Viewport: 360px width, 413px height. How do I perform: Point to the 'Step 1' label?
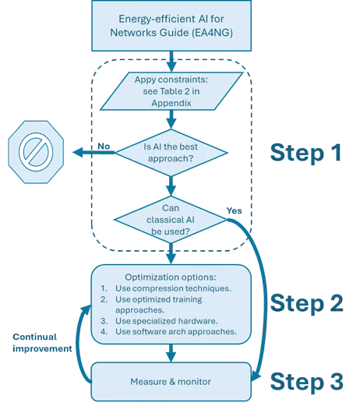click(305, 154)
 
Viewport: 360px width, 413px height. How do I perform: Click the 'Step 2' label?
click(306, 303)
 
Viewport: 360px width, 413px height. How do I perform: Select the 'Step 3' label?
click(306, 382)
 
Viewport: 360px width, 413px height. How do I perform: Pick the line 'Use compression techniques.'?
click(171, 289)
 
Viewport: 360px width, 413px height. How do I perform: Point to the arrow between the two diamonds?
click(170, 185)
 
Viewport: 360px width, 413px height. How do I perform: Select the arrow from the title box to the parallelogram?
click(170, 62)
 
